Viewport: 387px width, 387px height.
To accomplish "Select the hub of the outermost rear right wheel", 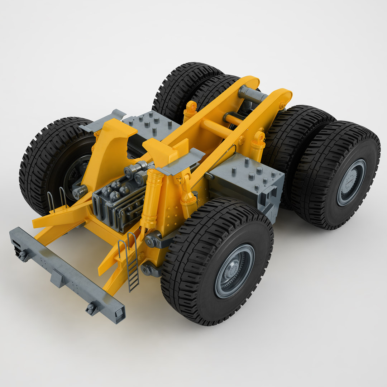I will point(351,182).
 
